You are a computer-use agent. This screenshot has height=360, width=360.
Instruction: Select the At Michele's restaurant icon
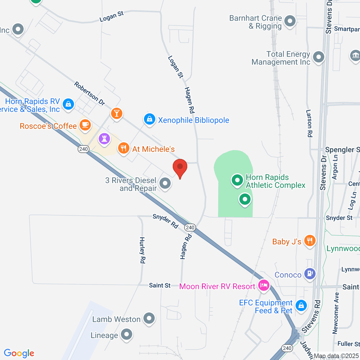click(x=123, y=148)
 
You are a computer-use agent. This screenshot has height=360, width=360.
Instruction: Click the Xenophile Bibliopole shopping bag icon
click(x=149, y=119)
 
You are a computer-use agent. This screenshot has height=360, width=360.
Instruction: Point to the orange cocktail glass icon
click(x=116, y=113)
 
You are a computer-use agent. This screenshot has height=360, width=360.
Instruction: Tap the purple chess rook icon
click(x=104, y=139)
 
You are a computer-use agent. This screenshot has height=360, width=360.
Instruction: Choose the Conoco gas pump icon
click(x=310, y=273)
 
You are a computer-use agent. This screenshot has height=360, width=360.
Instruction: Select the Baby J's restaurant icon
click(x=310, y=241)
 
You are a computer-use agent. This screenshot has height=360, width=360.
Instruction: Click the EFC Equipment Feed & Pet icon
click(x=301, y=305)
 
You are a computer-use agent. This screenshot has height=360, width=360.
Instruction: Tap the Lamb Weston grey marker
click(x=149, y=318)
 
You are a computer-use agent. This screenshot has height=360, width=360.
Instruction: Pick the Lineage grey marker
click(x=127, y=334)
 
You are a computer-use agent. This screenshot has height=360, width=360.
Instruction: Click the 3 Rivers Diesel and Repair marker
click(x=165, y=183)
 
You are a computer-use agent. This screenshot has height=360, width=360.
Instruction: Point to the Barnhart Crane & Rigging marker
click(x=290, y=21)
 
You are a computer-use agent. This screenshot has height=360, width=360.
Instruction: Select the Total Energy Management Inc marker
click(x=318, y=57)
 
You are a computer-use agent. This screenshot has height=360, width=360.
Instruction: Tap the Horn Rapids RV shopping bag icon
click(x=68, y=104)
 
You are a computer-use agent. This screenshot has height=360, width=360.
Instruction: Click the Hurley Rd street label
click(x=142, y=250)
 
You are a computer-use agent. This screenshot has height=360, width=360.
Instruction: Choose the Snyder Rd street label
click(x=165, y=221)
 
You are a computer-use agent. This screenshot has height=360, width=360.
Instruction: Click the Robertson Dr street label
click(x=89, y=94)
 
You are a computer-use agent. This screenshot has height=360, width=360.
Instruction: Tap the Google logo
click(x=19, y=353)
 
